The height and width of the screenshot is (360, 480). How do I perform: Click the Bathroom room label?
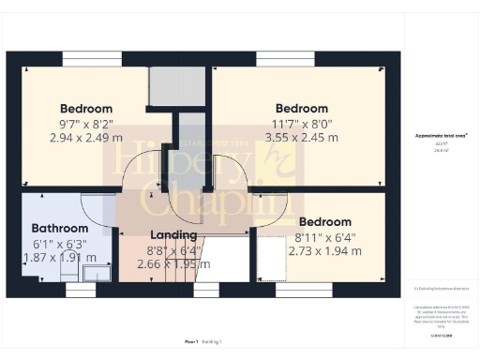pyautogui.click(x=60, y=228)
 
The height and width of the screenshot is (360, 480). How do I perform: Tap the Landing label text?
pyautogui.click(x=173, y=234)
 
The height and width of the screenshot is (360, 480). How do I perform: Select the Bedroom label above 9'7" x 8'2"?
pyautogui.click(x=86, y=108)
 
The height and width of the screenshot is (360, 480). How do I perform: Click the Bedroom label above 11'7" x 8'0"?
pyautogui.click(x=301, y=108)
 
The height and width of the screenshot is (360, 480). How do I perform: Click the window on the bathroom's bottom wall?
pyautogui.click(x=81, y=290)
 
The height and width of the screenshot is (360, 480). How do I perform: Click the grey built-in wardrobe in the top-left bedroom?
pyautogui.click(x=170, y=86)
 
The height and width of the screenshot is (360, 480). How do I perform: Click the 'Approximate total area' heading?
pyautogui.click(x=441, y=135)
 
